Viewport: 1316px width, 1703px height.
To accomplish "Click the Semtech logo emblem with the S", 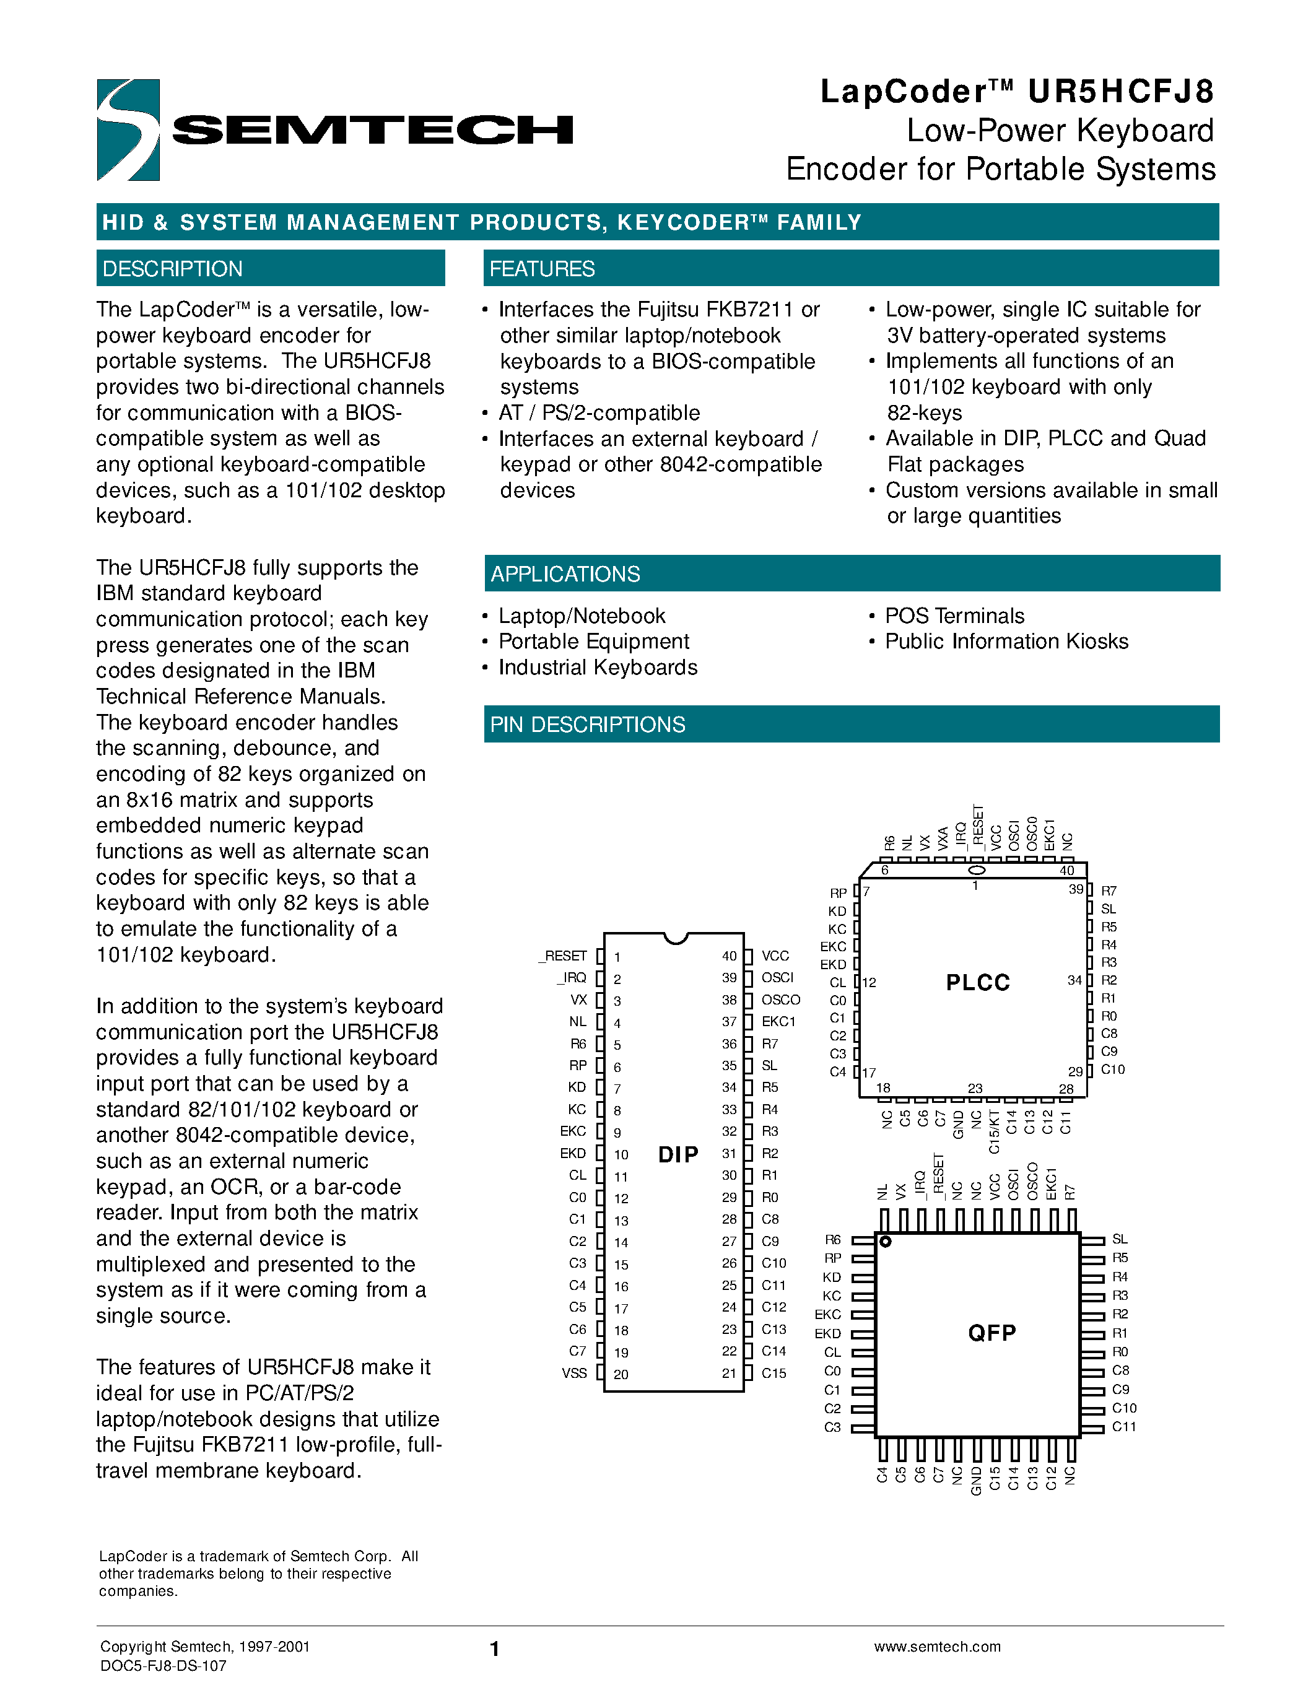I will pyautogui.click(x=128, y=130).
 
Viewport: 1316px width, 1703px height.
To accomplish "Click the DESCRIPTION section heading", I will pyautogui.click(x=172, y=269).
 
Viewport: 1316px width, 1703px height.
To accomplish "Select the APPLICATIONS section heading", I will pyautogui.click(x=565, y=574).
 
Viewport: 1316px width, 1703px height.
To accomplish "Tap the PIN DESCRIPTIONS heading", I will pyautogui.click(x=587, y=725).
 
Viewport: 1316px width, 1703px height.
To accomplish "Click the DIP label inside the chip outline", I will pyautogui.click(x=678, y=1154).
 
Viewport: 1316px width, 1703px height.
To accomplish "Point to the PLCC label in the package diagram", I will pyautogui.click(x=978, y=983).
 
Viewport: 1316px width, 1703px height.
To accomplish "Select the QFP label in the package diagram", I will pyautogui.click(x=991, y=1333).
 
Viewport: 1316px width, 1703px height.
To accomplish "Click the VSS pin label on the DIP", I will pyautogui.click(x=574, y=1373).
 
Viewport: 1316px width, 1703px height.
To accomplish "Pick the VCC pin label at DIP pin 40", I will pyautogui.click(x=775, y=956).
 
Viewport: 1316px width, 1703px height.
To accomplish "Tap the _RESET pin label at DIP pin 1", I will pyautogui.click(x=563, y=956).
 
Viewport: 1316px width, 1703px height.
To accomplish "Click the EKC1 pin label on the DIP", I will pyautogui.click(x=778, y=1021).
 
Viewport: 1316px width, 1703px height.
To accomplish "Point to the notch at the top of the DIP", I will pyautogui.click(x=675, y=938).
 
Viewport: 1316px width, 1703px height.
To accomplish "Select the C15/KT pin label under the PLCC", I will pyautogui.click(x=994, y=1131).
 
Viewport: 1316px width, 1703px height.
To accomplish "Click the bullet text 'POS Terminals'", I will pyautogui.click(x=954, y=616).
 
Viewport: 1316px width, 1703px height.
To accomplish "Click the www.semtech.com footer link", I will pyautogui.click(x=937, y=1646).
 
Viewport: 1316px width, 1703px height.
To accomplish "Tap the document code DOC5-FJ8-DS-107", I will pyautogui.click(x=163, y=1666).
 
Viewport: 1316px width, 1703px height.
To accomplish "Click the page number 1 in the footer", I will pyautogui.click(x=494, y=1649).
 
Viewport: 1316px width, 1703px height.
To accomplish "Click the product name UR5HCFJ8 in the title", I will pyautogui.click(x=1120, y=92).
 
